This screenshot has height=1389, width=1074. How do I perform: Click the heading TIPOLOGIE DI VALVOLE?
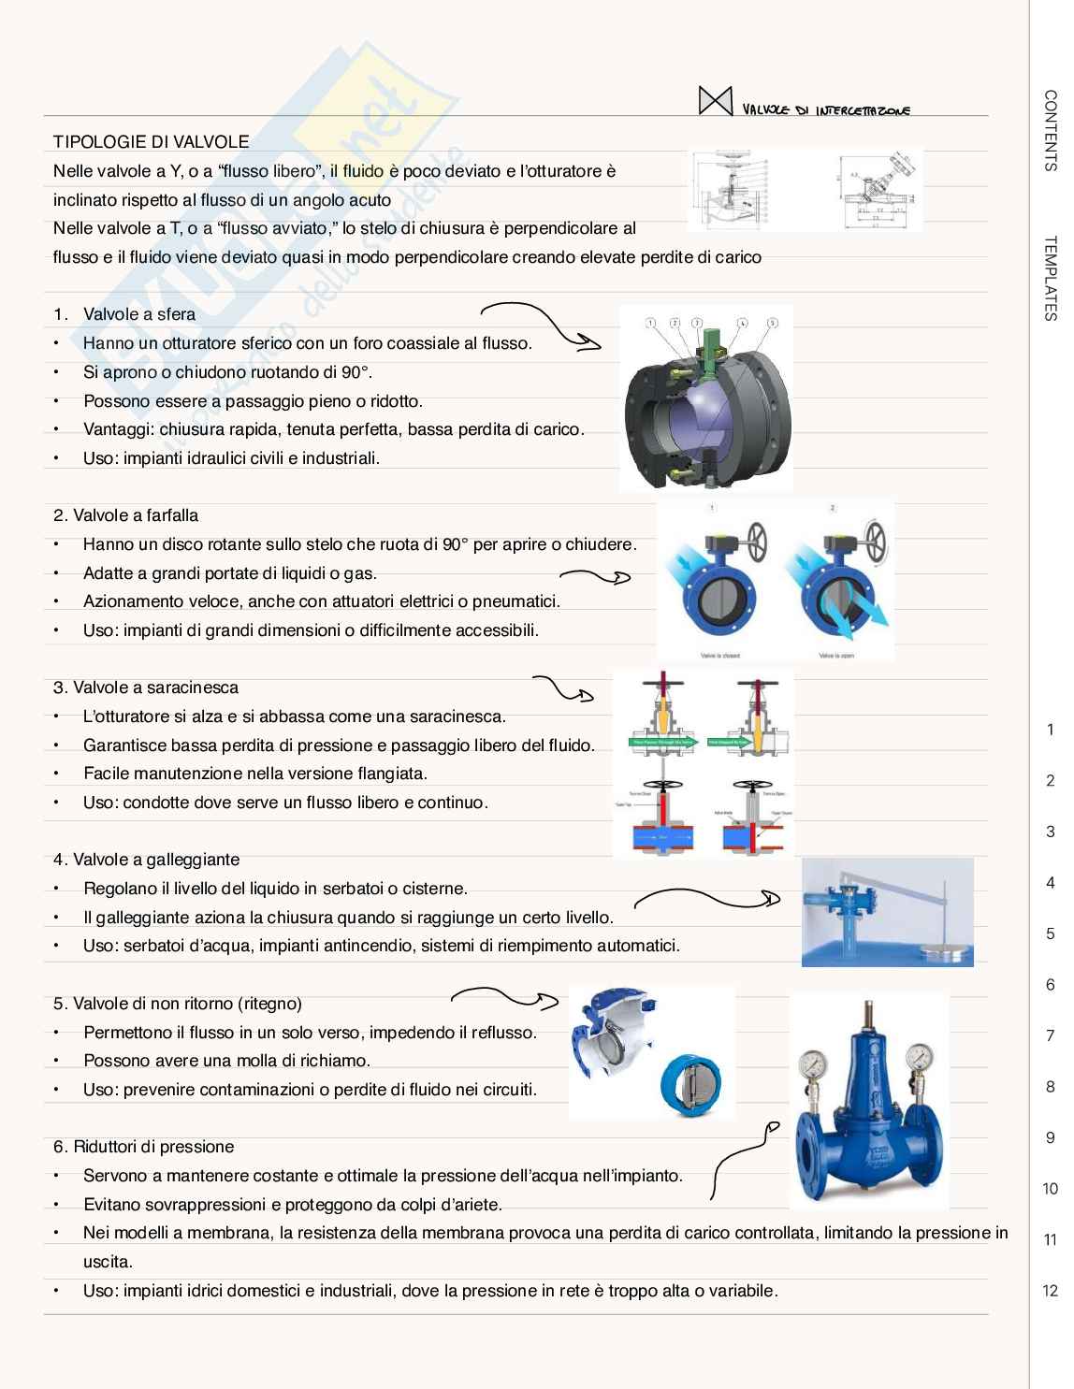tap(152, 142)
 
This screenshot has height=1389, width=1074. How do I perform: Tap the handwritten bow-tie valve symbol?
tap(715, 101)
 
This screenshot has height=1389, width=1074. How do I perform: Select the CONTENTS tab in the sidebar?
tap(1050, 130)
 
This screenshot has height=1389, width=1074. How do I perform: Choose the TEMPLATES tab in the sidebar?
tap(1050, 278)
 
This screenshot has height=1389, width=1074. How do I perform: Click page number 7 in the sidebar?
tap(1050, 1035)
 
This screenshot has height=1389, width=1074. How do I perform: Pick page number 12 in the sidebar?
tap(1050, 1291)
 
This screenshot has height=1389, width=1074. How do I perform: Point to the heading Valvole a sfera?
tap(138, 314)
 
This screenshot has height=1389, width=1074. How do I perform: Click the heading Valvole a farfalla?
tap(126, 515)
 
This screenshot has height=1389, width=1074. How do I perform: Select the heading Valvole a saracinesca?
tap(146, 687)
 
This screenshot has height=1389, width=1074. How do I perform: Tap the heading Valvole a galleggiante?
tap(147, 860)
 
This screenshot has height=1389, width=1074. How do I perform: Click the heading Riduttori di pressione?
tap(144, 1147)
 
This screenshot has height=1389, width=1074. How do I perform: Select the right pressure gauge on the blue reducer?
tap(921, 1055)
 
